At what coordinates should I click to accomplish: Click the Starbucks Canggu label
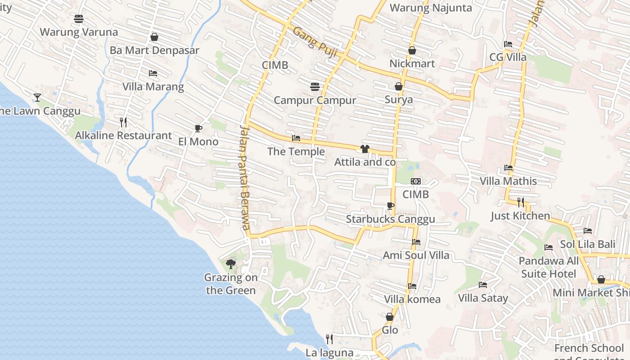390,219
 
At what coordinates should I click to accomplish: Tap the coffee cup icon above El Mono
198,129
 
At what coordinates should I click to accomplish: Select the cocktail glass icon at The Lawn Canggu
37,97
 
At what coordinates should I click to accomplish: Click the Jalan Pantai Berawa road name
245,177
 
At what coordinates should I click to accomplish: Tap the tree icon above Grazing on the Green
231,264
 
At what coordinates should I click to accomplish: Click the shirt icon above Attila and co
365,149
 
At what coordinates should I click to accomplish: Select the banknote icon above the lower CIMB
416,181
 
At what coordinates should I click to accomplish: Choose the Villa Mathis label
508,181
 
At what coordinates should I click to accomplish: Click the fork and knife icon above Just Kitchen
521,202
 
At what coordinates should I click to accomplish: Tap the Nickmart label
412,63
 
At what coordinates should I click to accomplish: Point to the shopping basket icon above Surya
399,86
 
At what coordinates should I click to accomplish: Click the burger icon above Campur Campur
315,86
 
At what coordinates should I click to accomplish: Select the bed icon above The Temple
296,138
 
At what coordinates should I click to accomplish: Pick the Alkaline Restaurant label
123,135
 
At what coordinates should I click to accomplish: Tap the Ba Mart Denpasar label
154,50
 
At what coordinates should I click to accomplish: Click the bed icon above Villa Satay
483,285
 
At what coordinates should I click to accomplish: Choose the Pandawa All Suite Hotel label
549,267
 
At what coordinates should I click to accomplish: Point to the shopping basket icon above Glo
390,317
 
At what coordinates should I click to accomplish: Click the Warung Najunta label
431,8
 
